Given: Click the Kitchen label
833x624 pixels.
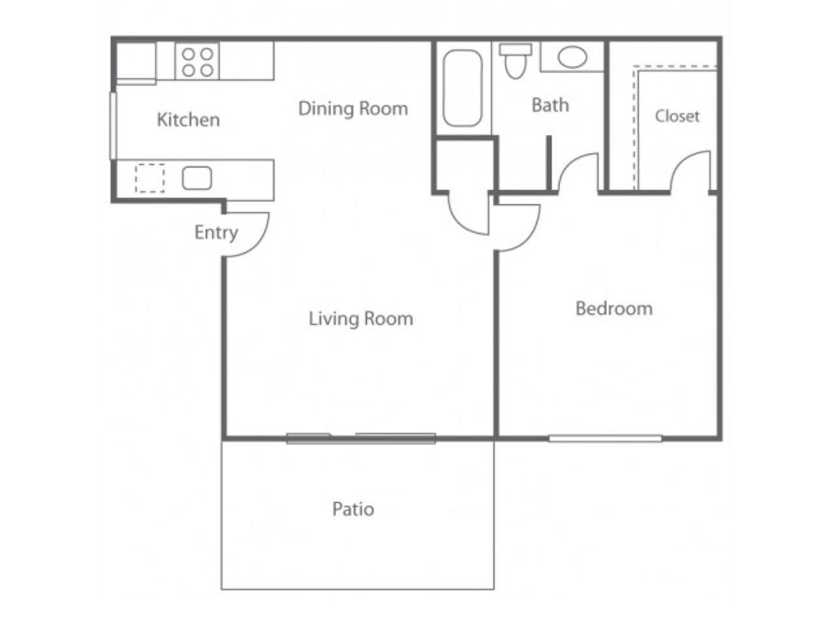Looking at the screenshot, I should [x=188, y=120].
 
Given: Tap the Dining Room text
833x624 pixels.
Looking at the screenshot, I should [x=353, y=109].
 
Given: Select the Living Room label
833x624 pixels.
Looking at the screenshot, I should [x=361, y=318].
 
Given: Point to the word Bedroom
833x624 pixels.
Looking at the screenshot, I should [x=614, y=308].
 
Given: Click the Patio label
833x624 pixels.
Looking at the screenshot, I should [x=353, y=508].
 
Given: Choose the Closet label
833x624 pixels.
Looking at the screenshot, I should [x=677, y=116].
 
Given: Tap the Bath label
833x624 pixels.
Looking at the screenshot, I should [x=550, y=105].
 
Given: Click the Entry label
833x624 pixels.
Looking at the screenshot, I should [x=216, y=232].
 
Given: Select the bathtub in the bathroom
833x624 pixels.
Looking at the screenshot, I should [x=462, y=88].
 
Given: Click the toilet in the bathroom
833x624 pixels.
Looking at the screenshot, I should [x=515, y=60].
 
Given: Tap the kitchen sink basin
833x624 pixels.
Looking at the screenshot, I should [x=197, y=178].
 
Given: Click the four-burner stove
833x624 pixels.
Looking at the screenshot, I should [x=197, y=62].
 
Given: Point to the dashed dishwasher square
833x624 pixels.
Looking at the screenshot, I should [x=150, y=178].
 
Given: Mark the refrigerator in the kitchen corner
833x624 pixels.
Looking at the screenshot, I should [x=136, y=62].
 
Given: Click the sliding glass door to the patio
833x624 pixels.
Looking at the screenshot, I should [x=361, y=438].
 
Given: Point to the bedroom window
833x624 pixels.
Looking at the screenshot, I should [x=605, y=439].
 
